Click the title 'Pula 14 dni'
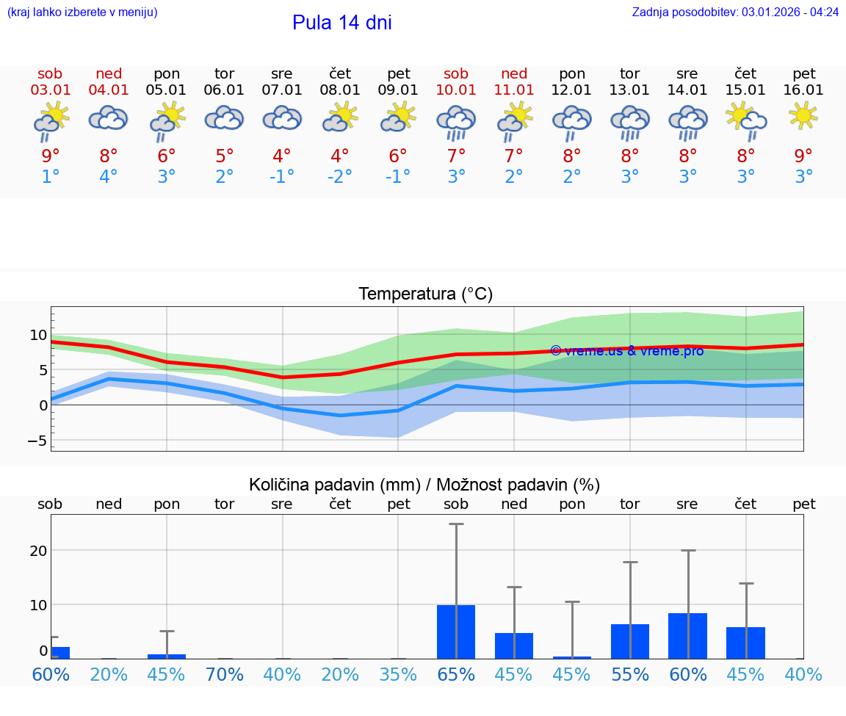[x=341, y=23]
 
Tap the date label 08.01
[x=340, y=90]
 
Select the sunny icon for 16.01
[x=803, y=116]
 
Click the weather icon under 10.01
[x=456, y=120]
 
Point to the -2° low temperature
[x=340, y=177]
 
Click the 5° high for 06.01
[x=224, y=156]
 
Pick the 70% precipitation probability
[x=224, y=674]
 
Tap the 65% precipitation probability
[x=456, y=674]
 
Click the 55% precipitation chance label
[x=630, y=674]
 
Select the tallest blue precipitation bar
[x=456, y=632]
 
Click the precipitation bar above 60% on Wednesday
[x=688, y=636]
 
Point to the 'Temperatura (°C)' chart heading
[x=425, y=294]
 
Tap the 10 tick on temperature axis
[x=38, y=335]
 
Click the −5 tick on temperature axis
[x=35, y=441]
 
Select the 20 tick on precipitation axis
[x=38, y=551]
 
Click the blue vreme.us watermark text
[x=626, y=351]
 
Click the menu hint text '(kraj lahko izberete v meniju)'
[x=82, y=12]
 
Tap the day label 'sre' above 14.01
[x=687, y=73]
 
